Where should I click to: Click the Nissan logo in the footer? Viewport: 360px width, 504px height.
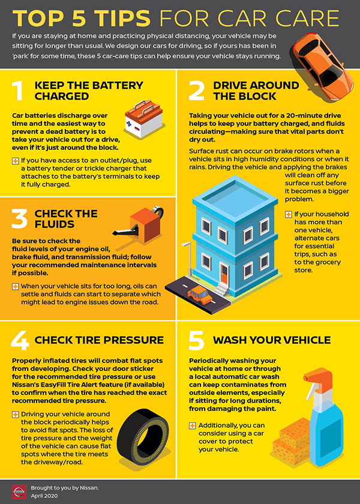19,492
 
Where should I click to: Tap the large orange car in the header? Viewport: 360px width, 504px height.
323,66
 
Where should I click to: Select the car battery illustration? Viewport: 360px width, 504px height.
143,119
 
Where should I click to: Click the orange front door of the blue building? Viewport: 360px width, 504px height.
224,274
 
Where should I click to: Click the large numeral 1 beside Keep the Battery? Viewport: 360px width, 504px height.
18,91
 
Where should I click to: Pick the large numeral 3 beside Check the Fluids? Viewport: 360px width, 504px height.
20,219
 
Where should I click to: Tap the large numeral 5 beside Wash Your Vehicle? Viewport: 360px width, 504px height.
196,340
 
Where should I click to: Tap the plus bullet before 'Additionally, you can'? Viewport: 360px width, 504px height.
193,426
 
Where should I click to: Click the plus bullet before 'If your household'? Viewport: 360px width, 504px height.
289,214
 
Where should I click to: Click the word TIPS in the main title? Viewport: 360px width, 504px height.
118,19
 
